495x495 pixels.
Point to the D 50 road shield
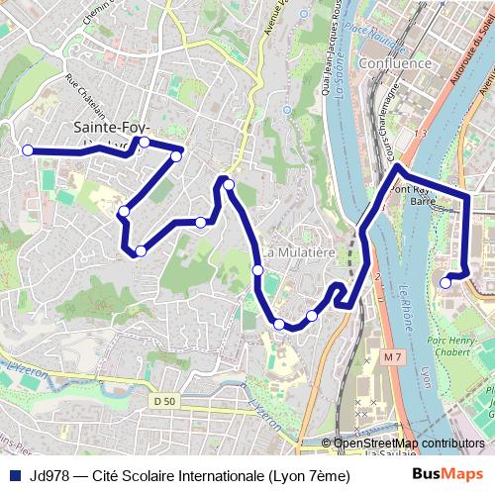click(164, 400)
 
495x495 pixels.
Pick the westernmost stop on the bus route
click(28, 150)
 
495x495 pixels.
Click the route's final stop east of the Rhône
click(445, 282)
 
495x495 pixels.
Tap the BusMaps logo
click(447, 475)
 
